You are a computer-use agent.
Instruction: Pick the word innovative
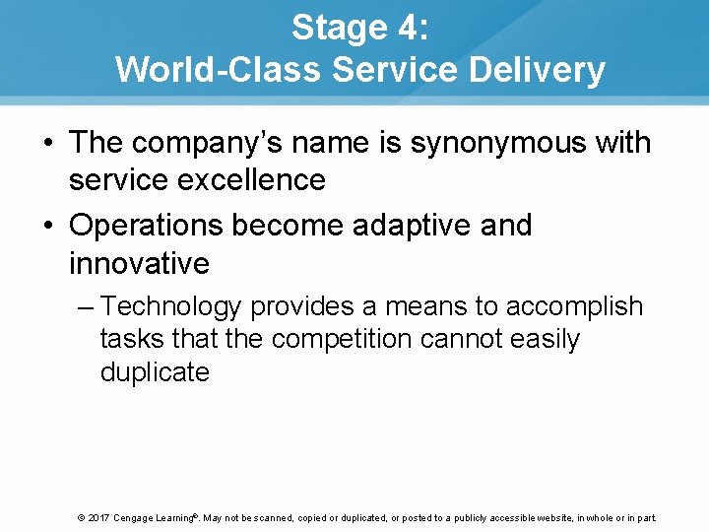pyautogui.click(x=139, y=263)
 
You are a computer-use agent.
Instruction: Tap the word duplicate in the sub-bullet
pyautogui.click(x=155, y=372)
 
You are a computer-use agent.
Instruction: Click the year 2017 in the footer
pyautogui.click(x=97, y=518)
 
